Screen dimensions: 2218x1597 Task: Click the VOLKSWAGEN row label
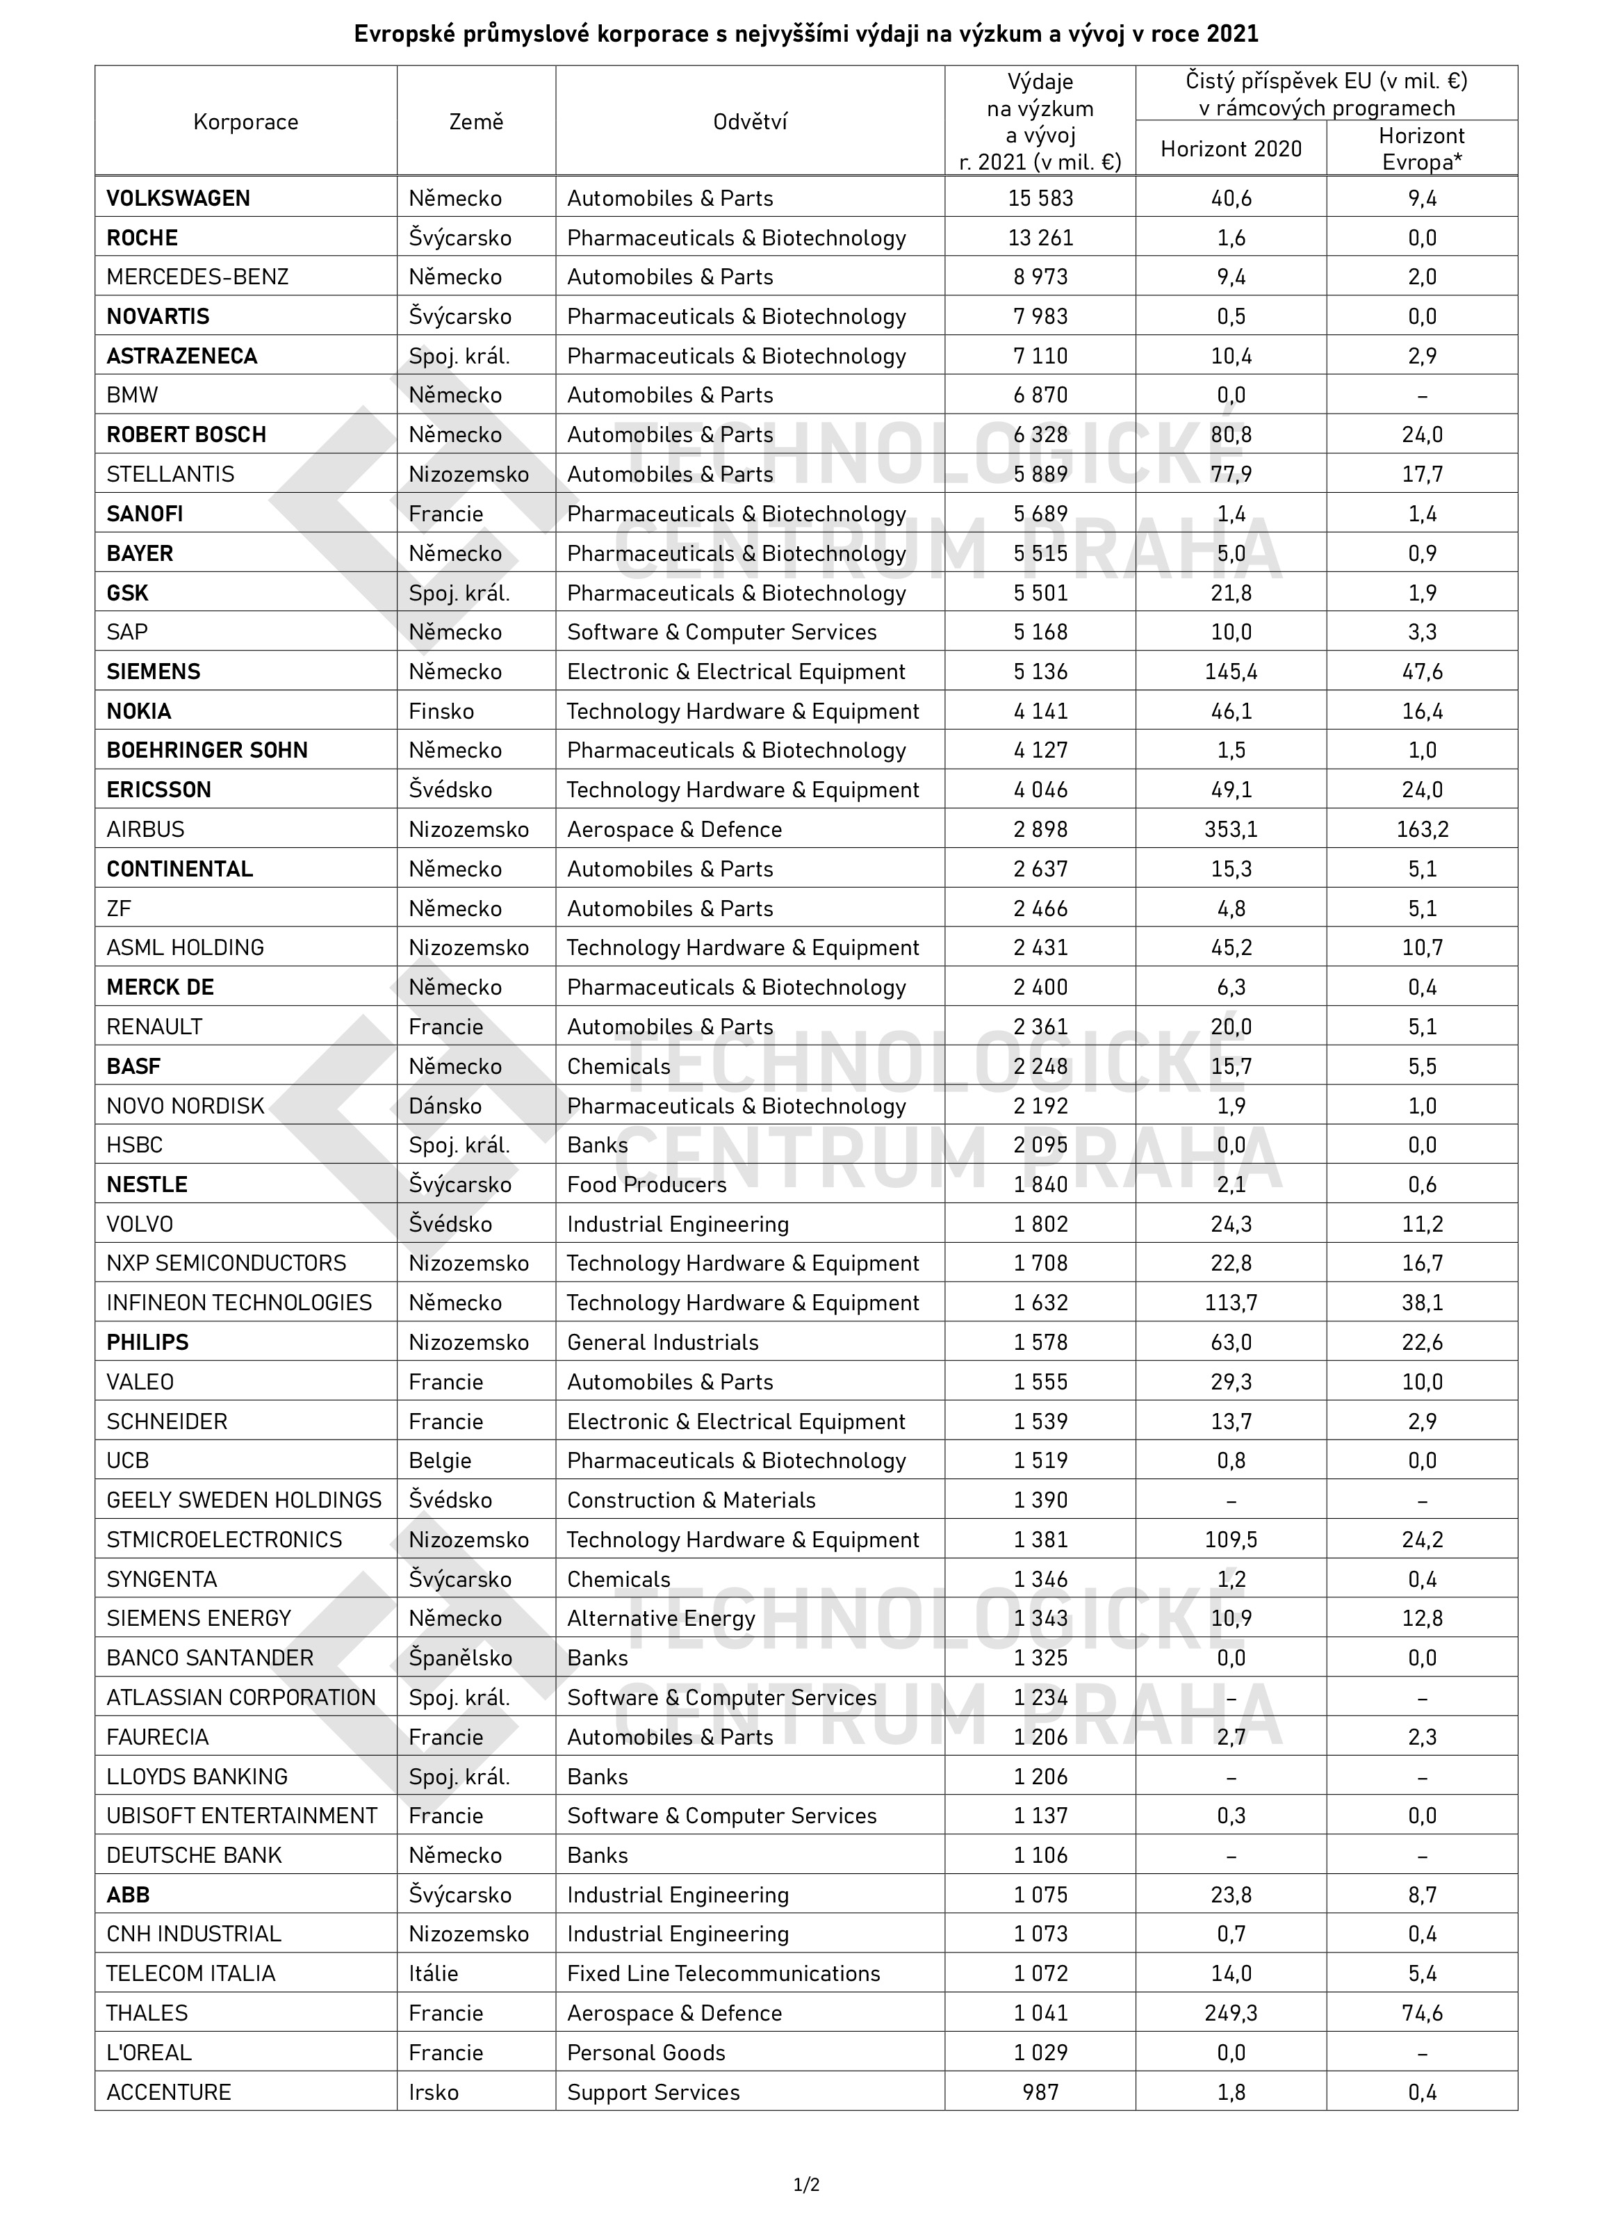[178, 199]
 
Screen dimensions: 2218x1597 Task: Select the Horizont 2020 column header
[1230, 149]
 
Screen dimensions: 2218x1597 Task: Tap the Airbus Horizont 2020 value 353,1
[1230, 829]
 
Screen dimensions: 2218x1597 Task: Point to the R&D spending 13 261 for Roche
[1040, 238]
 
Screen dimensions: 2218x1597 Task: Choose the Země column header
[476, 122]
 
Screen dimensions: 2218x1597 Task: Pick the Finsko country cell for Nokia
[441, 711]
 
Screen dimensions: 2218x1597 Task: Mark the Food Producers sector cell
[646, 1184]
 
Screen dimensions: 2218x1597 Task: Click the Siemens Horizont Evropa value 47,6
[1421, 672]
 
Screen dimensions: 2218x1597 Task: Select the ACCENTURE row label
[169, 2092]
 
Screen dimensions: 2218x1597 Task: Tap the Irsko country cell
[433, 2092]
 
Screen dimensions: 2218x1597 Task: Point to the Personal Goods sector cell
[646, 2052]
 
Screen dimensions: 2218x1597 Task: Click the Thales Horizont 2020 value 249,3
[1230, 2013]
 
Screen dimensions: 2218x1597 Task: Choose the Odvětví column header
[750, 122]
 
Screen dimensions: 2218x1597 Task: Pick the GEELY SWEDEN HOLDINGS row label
[243, 1500]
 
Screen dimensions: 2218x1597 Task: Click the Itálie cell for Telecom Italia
[433, 1973]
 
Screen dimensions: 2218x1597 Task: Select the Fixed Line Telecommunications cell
[723, 1973]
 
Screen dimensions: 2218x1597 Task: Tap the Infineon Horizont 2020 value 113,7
[1230, 1303]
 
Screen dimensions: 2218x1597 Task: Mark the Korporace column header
[245, 122]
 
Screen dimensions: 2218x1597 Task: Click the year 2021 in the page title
[1231, 34]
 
